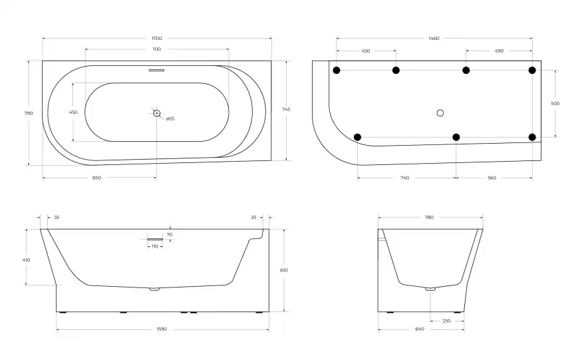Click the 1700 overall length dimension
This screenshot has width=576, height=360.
157,38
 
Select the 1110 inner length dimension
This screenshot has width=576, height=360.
157,49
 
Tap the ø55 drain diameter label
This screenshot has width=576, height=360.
170,118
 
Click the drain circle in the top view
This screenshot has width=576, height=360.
157,113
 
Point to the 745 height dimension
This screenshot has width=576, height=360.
286,109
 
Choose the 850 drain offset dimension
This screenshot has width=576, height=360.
96,178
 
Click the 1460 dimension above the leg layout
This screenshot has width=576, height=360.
434,38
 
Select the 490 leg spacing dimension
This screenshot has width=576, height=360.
499,51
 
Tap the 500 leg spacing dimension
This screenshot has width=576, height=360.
555,104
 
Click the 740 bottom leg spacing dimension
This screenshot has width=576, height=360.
404,178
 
